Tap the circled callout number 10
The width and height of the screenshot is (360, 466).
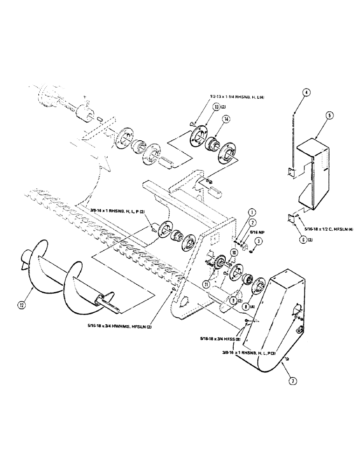coord(234,252)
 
